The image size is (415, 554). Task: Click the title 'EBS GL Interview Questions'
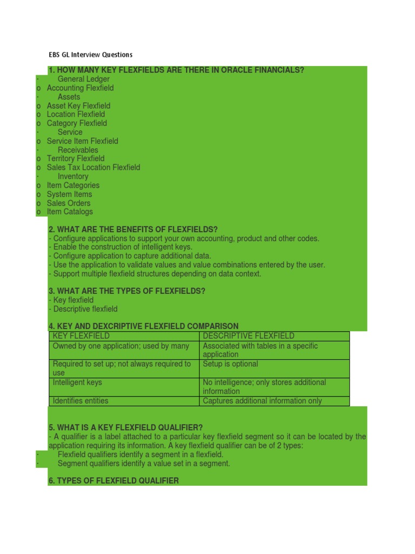90,55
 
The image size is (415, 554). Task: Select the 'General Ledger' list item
83,79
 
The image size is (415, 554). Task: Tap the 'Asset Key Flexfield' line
78,105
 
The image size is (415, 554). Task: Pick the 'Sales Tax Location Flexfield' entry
93,167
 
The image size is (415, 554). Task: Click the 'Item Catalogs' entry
70,212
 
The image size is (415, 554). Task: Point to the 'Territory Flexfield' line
76,159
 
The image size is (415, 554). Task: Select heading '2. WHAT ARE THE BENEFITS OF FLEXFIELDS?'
133,229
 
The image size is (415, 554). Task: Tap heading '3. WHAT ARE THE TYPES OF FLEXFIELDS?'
127,291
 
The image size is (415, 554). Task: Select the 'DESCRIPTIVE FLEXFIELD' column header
249,336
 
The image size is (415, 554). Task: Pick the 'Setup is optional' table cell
230,364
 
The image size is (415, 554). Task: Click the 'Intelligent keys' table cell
77,382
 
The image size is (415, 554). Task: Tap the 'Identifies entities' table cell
81,401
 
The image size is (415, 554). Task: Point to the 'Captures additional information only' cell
262,401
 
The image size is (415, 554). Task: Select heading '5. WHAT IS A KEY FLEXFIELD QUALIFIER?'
125,427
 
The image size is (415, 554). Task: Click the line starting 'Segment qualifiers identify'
144,463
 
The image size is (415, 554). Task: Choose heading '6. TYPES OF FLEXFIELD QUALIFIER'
113,480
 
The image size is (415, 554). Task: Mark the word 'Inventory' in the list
73,176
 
